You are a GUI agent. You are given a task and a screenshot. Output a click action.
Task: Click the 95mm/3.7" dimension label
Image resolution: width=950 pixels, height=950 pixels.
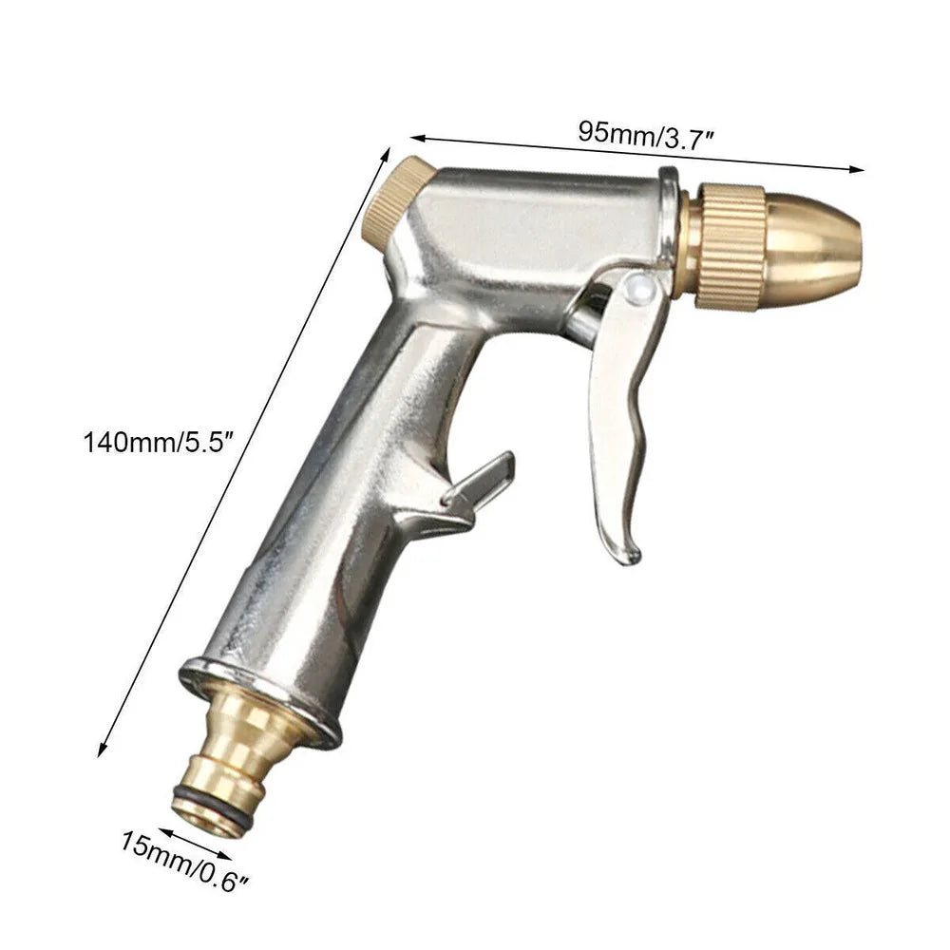click(x=646, y=133)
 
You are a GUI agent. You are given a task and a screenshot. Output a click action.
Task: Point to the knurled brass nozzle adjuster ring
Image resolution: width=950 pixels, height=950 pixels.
click(x=731, y=244)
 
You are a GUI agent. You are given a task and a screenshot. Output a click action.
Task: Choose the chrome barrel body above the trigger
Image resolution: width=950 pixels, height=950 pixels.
click(x=532, y=228)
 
